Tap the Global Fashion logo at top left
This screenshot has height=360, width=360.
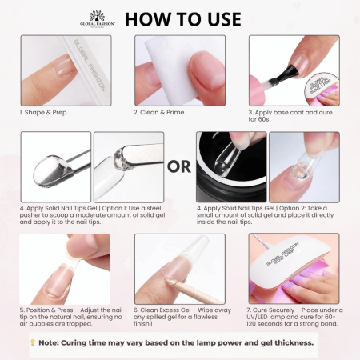point(98,17)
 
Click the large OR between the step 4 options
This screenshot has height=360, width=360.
point(180,166)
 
